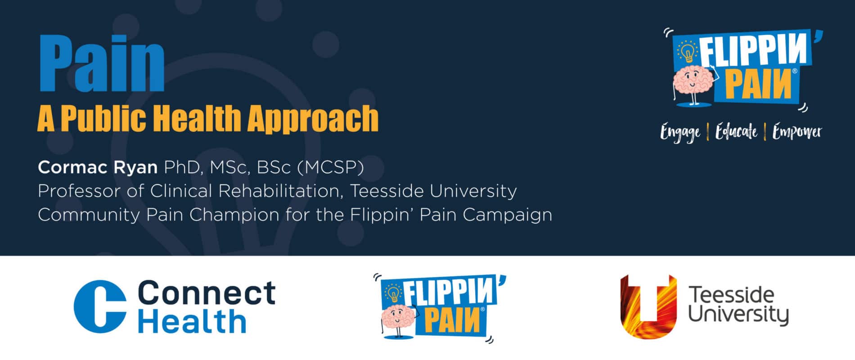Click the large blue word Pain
(x=102, y=63)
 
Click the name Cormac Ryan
(x=98, y=167)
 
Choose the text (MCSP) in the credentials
(x=331, y=167)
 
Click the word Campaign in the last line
(x=507, y=215)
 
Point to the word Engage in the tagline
(x=680, y=133)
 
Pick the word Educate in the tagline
(x=737, y=131)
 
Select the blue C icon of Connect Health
(x=100, y=306)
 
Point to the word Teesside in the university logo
(x=732, y=295)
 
